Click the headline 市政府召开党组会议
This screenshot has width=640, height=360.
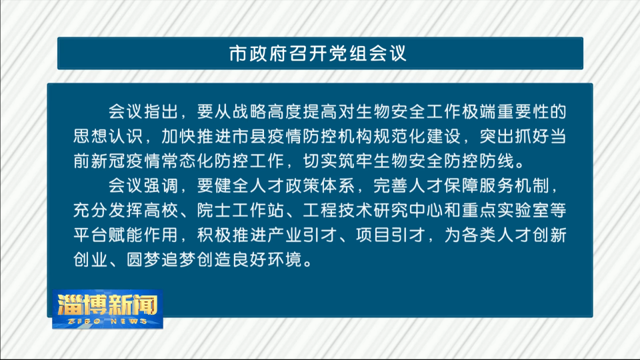tap(317, 53)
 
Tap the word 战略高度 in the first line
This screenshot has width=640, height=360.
tap(267, 112)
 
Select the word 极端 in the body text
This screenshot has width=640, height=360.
tap(479, 112)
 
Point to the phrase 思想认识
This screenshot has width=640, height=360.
tap(108, 136)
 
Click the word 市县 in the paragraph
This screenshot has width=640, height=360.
tap(250, 136)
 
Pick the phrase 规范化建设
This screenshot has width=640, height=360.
tap(417, 136)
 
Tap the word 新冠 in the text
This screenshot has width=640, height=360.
tap(108, 161)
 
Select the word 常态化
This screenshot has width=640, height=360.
tap(188, 161)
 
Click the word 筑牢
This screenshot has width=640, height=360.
tap(355, 161)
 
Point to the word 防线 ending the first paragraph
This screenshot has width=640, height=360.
tap(496, 161)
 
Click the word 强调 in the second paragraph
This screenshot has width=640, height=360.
tap(161, 186)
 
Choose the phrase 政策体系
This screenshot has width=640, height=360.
tap(320, 186)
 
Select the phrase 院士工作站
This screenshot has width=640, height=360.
tap(241, 210)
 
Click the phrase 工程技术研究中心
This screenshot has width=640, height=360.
tap(373, 210)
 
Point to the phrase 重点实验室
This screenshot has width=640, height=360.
tap(505, 210)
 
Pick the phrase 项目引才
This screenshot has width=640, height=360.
tap(391, 235)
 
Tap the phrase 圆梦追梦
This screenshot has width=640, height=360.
tap(161, 259)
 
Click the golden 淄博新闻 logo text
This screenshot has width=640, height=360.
tap(107, 304)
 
